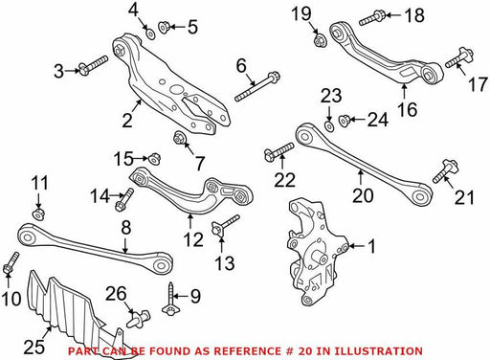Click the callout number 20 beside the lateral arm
point(363,195)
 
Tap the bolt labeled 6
point(257,87)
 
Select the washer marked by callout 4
point(150,34)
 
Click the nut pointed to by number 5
point(164,27)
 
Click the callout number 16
point(408,109)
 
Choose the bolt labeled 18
point(372,18)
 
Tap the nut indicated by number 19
point(320,41)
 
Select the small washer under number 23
point(328,125)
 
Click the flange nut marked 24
point(344,121)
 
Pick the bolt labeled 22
point(278,151)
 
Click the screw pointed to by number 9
point(169,298)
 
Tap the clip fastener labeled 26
point(139,318)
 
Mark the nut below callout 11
point(38,214)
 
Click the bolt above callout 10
point(11,263)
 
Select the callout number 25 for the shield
point(34,347)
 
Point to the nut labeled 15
point(155,158)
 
